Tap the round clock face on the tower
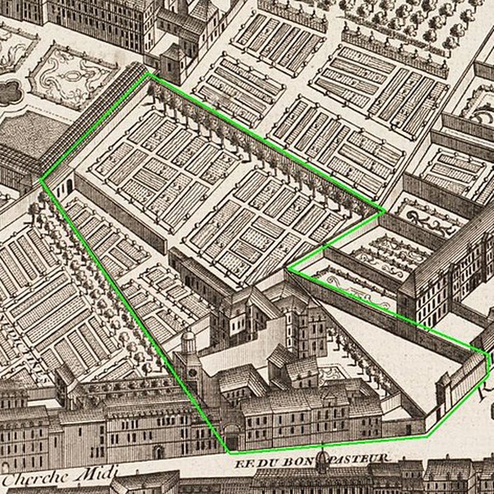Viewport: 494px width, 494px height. [x=191, y=366]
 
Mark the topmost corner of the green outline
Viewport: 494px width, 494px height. [x=150, y=73]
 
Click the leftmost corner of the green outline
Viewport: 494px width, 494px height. [x=41, y=179]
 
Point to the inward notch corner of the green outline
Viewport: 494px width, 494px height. [x=289, y=268]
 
